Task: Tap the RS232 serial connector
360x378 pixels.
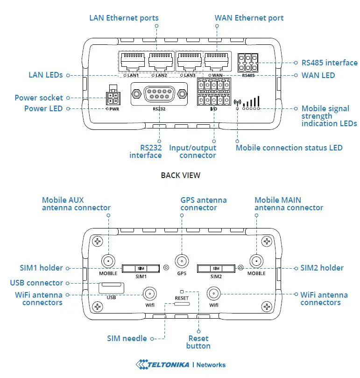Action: click(x=159, y=94)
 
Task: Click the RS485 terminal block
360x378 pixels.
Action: click(x=248, y=62)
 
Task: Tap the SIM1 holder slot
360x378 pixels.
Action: click(x=141, y=268)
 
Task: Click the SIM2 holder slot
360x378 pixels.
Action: click(x=216, y=268)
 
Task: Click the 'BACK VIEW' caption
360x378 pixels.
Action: click(x=180, y=175)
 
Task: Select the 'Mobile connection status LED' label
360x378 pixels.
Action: click(x=289, y=148)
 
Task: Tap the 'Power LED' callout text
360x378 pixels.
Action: click(x=43, y=108)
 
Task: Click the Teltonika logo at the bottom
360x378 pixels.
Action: click(x=180, y=364)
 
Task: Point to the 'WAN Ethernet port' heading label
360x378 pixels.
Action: click(x=249, y=18)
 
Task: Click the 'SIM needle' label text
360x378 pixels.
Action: click(x=127, y=338)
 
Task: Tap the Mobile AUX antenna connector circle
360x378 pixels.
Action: click(x=108, y=261)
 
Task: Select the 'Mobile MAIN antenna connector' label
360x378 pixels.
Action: click(x=289, y=204)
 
